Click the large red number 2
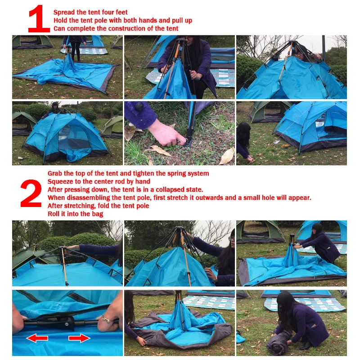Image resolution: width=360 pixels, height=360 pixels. tap(31, 193)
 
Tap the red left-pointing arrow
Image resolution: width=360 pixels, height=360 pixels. tap(37, 338)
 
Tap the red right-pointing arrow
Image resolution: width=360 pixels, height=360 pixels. tap(79, 338)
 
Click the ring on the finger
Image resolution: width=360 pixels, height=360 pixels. tap(106, 319)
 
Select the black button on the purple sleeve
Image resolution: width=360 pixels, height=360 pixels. tap(139, 107)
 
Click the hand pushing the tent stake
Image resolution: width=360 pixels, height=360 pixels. tap(166, 135)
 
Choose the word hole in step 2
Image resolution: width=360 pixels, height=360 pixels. tap(268, 198)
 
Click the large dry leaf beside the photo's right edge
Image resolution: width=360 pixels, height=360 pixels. tap(228, 156)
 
